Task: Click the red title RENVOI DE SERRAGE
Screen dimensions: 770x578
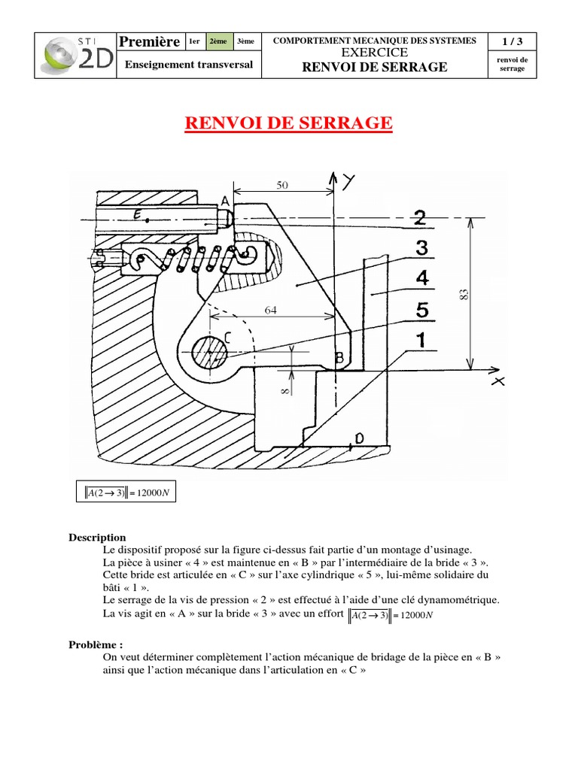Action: point(288,123)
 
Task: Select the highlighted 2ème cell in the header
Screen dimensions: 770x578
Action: point(219,41)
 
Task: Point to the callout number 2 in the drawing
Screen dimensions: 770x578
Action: point(420,218)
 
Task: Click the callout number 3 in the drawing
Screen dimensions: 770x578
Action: point(421,247)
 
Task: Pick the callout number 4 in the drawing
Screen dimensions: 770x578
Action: point(422,279)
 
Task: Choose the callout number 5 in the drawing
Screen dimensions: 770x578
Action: point(422,309)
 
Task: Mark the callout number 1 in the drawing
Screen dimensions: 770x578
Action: point(420,341)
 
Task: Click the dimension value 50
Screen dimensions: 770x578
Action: point(282,183)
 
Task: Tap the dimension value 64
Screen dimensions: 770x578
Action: point(273,308)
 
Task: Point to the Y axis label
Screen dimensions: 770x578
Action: point(348,181)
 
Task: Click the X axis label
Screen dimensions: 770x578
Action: point(497,382)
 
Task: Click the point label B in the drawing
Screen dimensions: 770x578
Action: point(339,359)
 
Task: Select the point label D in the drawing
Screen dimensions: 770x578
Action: point(360,438)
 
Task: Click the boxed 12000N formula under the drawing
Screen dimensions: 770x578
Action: point(126,492)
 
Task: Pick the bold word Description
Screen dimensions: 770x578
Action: point(98,538)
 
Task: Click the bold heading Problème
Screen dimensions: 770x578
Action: point(96,644)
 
